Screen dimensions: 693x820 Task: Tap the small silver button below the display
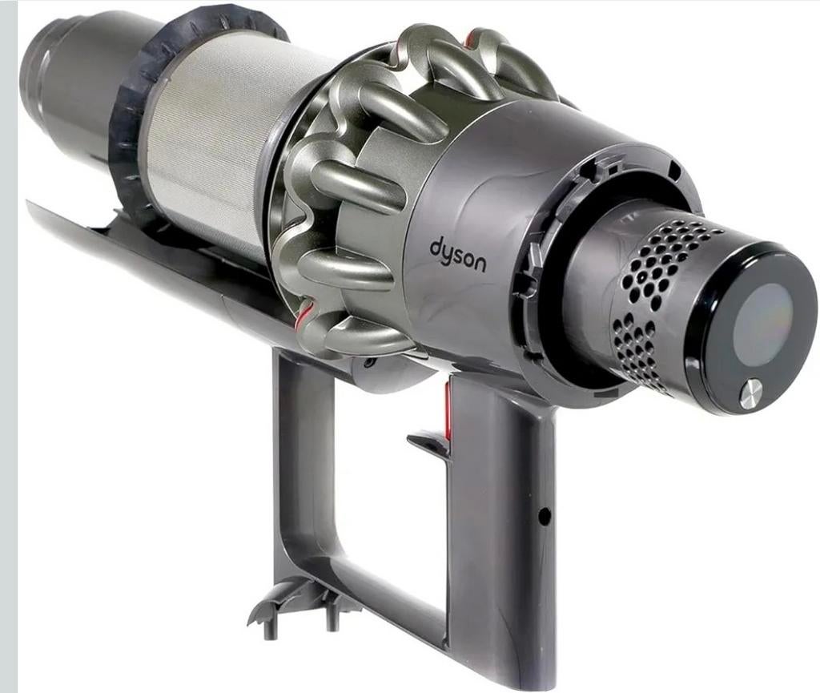click(x=750, y=394)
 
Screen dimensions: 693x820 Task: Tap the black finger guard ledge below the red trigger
click(x=428, y=443)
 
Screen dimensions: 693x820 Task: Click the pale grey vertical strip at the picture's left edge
click(x=8, y=344)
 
